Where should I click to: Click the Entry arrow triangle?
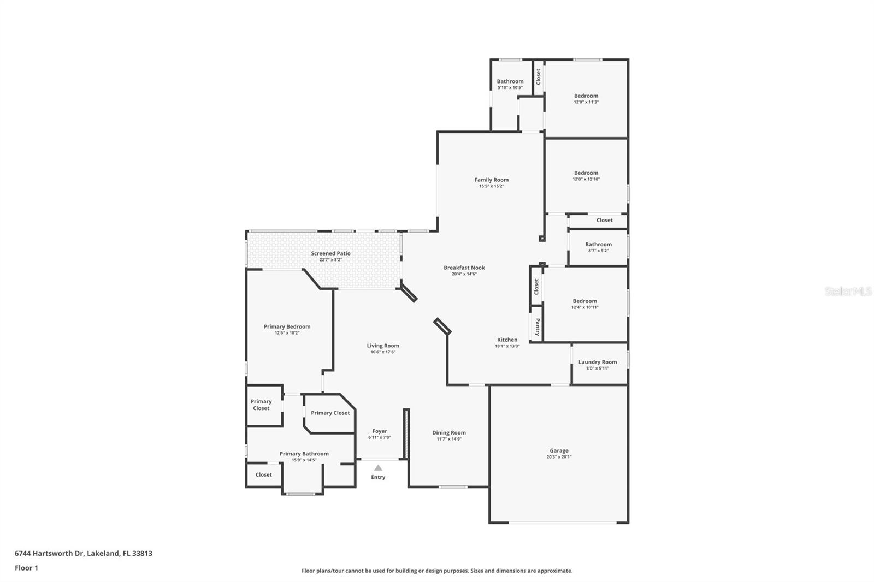point(378,468)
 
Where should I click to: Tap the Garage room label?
point(559,451)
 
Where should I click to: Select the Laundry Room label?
point(598,362)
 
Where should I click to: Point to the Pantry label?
point(538,326)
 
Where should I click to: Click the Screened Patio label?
point(330,253)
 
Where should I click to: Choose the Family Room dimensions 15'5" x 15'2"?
point(491,186)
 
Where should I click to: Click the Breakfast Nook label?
point(464,268)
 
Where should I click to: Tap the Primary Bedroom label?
point(287,326)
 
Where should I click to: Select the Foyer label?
point(380,431)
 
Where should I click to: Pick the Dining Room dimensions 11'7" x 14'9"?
point(448,439)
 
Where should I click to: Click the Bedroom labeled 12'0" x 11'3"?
point(586,96)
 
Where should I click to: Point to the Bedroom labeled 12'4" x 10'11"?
point(584,301)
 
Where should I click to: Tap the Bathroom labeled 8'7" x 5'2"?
point(598,245)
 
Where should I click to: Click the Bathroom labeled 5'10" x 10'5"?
point(510,81)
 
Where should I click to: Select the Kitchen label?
point(507,340)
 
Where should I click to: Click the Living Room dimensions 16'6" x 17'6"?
point(383,352)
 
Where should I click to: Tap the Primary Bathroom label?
point(304,454)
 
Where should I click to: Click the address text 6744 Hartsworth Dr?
point(49,553)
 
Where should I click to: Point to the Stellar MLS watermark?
point(848,292)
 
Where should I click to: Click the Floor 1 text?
point(26,568)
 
